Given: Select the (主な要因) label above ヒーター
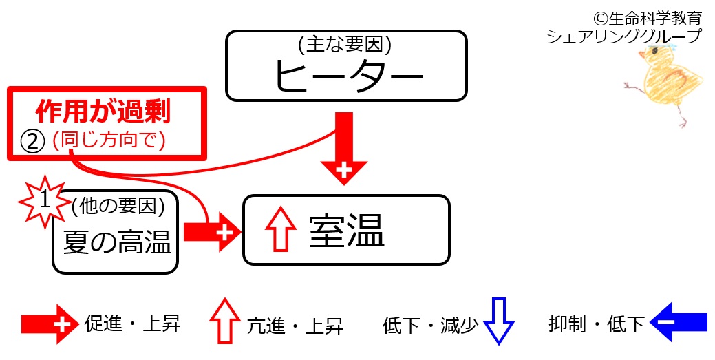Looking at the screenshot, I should click(x=345, y=45).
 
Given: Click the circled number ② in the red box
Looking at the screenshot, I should click(x=32, y=140).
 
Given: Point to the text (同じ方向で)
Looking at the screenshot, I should click(x=109, y=140).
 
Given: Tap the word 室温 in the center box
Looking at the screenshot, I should click(x=346, y=231).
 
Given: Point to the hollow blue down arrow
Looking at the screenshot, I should click(x=498, y=321).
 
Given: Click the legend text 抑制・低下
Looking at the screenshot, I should click(x=597, y=323).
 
